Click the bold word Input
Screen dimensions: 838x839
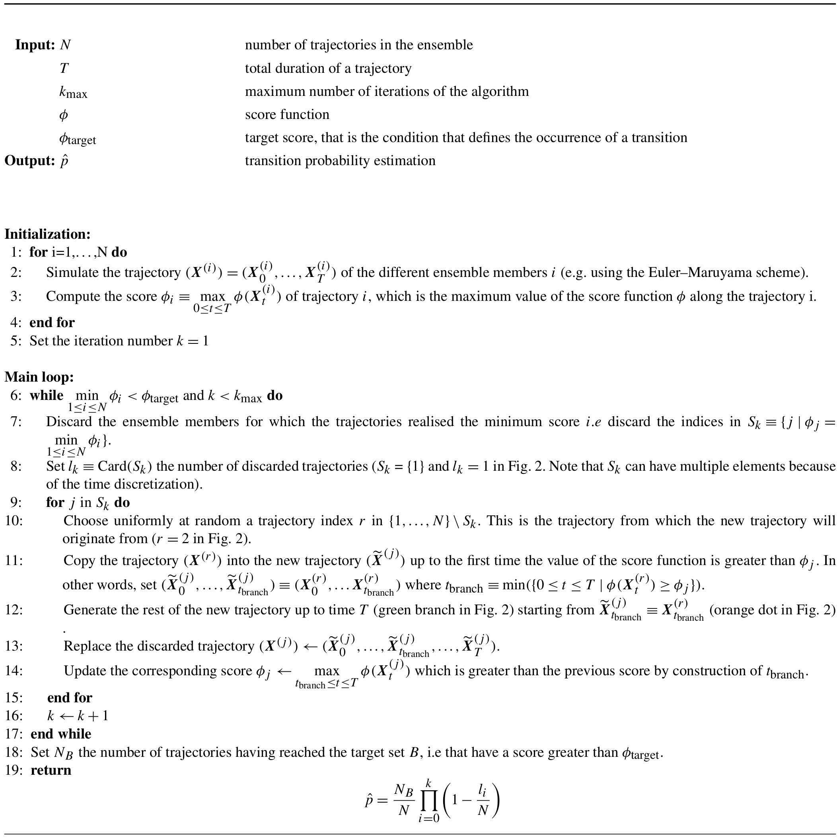coord(34,45)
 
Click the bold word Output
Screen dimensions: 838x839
coord(29,161)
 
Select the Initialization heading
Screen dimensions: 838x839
coord(47,234)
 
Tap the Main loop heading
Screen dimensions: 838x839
coord(39,377)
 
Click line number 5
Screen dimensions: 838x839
coord(16,341)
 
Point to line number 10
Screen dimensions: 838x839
coord(14,520)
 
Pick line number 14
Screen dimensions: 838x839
coord(14,671)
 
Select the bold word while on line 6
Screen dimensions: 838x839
coord(47,395)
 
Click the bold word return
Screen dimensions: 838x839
coord(51,770)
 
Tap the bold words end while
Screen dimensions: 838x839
coord(61,734)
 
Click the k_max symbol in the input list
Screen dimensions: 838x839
coord(73,92)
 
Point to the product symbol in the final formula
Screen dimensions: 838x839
coord(428,800)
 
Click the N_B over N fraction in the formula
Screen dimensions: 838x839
coord(404,800)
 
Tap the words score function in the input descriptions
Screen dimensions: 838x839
coord(287,115)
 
